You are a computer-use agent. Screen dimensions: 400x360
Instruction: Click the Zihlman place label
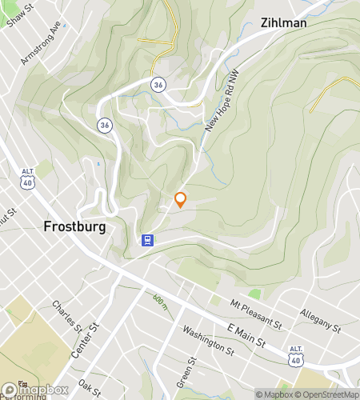[285, 23]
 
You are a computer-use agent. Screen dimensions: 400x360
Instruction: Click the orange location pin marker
[181, 200]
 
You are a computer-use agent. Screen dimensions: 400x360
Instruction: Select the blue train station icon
[147, 239]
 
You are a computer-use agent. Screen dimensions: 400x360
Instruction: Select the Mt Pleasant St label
[255, 314]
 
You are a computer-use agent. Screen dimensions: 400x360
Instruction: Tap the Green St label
[191, 371]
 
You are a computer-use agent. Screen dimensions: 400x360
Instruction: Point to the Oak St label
[90, 387]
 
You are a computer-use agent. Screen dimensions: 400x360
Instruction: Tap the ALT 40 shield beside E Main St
[297, 353]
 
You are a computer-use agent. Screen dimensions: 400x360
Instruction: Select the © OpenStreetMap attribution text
[327, 394]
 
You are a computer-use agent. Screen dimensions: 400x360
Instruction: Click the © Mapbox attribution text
[274, 394]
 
